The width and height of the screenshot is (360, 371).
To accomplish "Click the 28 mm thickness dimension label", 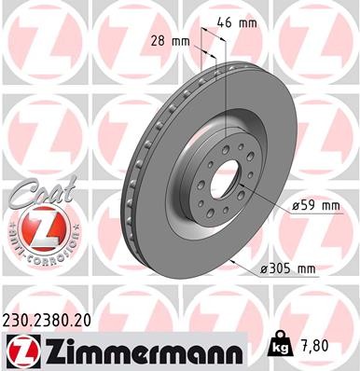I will coord(170,40).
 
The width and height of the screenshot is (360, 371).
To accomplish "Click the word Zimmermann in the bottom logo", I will coord(140,350).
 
